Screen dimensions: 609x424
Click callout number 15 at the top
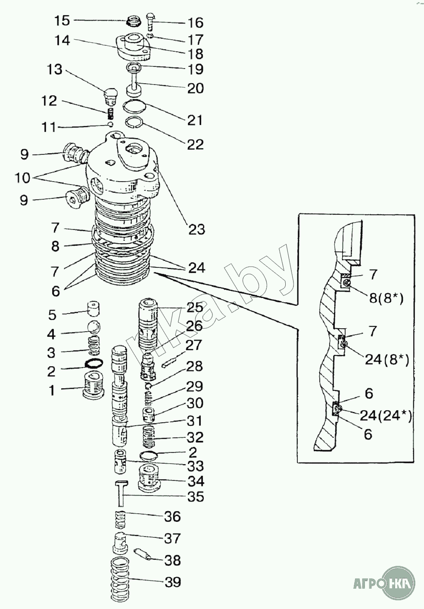tap(62, 20)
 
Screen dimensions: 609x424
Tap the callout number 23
tap(196, 229)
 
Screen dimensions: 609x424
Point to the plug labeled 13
tap(111, 96)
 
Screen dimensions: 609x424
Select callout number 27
tap(193, 346)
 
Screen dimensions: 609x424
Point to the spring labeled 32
tap(148, 437)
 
